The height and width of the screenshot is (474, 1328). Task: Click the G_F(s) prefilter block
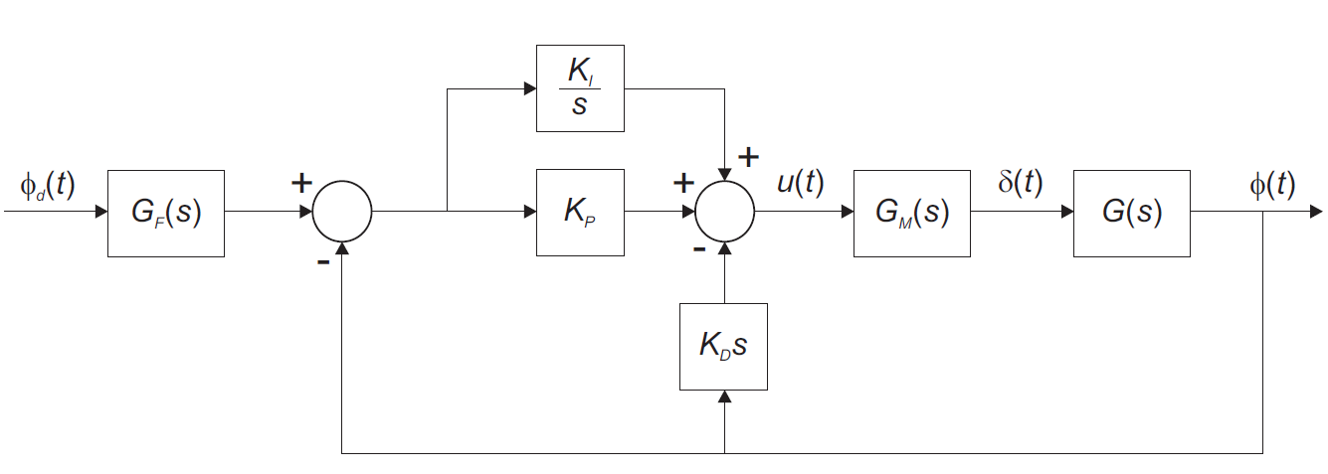166,213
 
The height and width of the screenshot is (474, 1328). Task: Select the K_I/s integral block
580,88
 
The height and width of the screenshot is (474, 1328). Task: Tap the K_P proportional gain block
580,213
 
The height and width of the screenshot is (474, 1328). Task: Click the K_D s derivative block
723,346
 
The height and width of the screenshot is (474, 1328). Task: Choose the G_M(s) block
912,213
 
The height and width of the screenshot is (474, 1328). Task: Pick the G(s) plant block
1131,213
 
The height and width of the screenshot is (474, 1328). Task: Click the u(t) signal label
799,184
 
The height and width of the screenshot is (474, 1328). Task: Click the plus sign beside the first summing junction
299,183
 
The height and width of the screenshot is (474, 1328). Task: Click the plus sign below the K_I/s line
747,156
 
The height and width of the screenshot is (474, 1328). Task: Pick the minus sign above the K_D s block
699,249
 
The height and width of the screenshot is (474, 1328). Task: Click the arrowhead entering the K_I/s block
529,88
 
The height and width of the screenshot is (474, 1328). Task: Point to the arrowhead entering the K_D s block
724,395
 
